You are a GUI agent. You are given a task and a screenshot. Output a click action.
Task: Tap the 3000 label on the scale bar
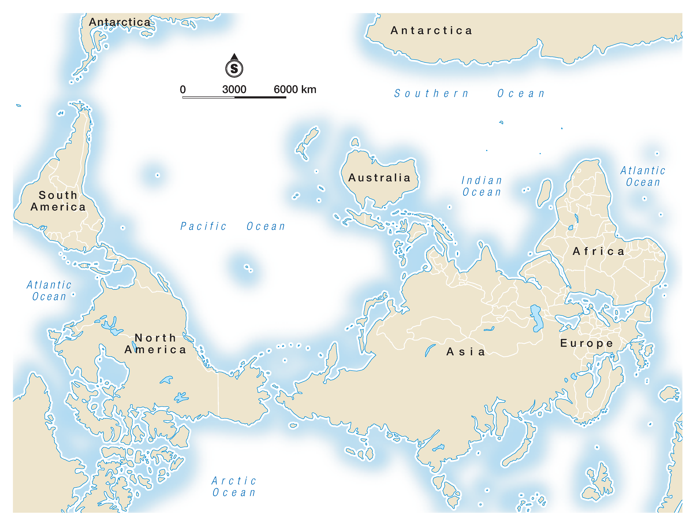[234, 89]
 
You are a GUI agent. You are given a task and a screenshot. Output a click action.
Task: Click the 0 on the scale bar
[183, 89]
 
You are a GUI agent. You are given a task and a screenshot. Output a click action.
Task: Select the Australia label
[380, 178]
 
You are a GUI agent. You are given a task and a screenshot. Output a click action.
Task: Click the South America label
[58, 201]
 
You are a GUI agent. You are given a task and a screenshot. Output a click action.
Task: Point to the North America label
[156, 344]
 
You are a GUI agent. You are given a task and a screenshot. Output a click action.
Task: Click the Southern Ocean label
[469, 94]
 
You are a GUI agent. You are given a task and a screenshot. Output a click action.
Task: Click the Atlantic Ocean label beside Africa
[643, 176]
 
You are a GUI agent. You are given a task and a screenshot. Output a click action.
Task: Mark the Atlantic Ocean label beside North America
[49, 290]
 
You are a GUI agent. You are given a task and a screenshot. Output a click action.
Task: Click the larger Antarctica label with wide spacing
[431, 30]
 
